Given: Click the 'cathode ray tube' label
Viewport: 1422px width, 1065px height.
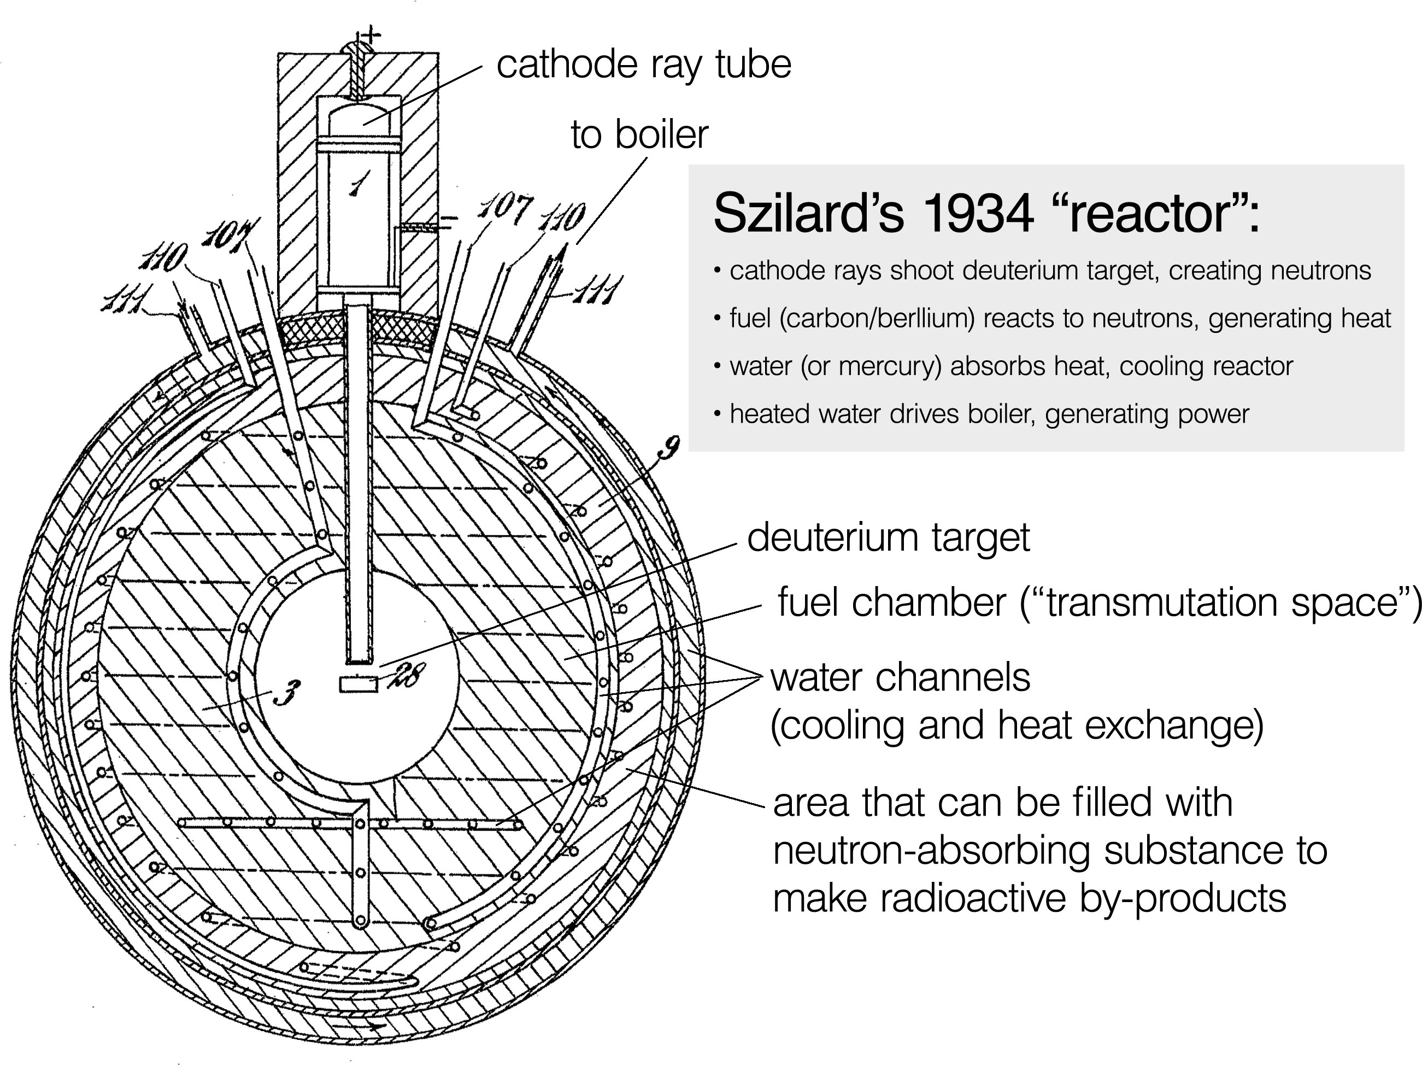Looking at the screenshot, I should pyautogui.click(x=643, y=65).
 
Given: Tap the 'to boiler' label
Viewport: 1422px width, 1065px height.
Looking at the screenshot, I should pyautogui.click(x=639, y=135).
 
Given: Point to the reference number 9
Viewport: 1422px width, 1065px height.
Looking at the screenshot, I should pyautogui.click(x=668, y=448).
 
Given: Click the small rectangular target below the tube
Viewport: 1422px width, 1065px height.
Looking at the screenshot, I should pyautogui.click(x=359, y=685).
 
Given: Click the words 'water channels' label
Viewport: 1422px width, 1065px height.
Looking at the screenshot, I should pyautogui.click(x=900, y=678).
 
